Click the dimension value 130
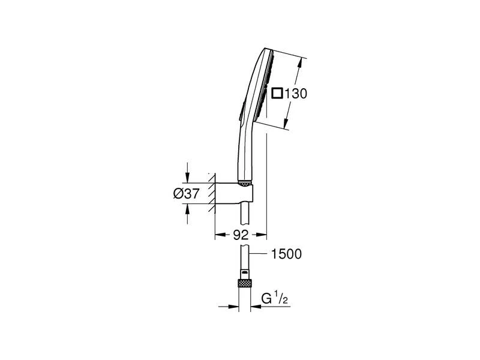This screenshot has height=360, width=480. click(296, 94)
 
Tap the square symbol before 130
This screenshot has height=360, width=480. click(277, 93)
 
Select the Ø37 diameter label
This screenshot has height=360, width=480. click(187, 193)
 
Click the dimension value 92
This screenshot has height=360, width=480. click(241, 235)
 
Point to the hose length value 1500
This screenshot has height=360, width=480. click(287, 254)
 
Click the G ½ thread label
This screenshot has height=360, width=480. click(275, 298)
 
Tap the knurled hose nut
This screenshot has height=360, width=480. click(245, 283)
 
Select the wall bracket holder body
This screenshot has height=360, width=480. click(234, 193)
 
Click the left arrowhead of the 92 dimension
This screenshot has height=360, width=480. click(220, 235)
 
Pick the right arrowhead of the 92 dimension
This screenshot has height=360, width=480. click(261, 235)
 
